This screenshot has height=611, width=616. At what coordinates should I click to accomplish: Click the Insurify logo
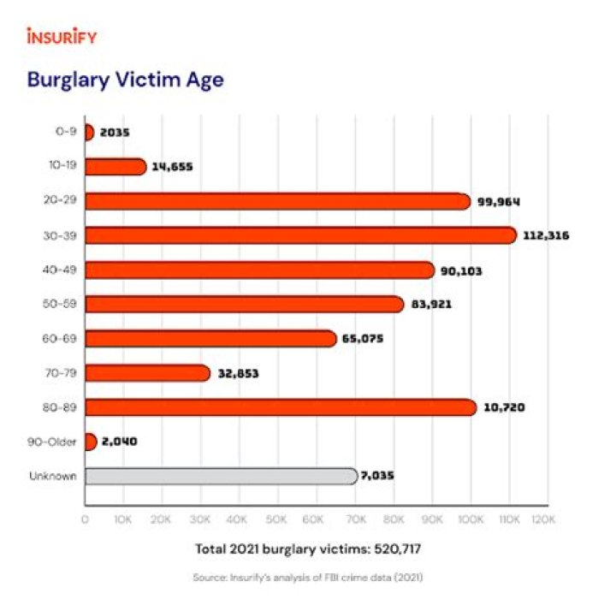click(x=62, y=37)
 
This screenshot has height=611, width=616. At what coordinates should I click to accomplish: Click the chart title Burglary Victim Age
click(x=125, y=80)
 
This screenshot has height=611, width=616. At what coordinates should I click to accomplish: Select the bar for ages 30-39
click(x=299, y=235)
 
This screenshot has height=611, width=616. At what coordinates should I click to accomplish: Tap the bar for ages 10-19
click(x=115, y=166)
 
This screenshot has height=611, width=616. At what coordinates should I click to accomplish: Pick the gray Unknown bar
click(x=221, y=476)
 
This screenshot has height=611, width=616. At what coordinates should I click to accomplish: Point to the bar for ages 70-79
click(x=147, y=373)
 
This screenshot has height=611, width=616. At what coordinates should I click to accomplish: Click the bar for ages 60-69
click(x=210, y=339)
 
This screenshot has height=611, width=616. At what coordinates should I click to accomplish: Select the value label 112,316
click(x=546, y=235)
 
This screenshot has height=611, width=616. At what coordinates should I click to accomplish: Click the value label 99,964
click(x=500, y=201)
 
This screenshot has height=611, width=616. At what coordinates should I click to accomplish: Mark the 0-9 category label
click(x=64, y=132)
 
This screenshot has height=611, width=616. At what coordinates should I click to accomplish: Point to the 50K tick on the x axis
click(x=277, y=519)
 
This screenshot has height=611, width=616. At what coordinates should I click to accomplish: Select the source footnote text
click(x=308, y=578)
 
